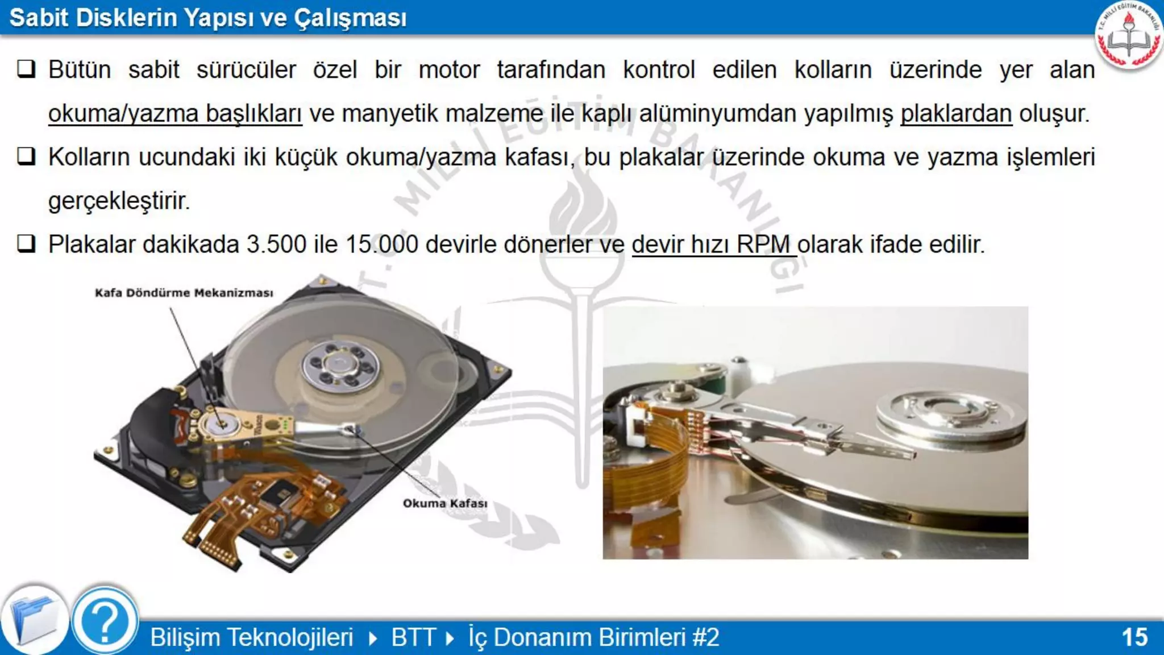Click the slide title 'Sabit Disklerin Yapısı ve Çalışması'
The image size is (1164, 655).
click(208, 18)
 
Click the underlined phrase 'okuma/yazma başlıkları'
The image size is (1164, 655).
click(174, 114)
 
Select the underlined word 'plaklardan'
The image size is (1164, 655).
click(956, 114)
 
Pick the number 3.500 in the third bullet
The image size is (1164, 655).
click(276, 244)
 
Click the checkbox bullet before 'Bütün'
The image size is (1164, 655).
click(26, 69)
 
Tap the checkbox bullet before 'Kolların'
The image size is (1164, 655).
click(26, 156)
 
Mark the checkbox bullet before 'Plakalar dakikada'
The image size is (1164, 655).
click(26, 244)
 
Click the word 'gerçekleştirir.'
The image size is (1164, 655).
click(119, 201)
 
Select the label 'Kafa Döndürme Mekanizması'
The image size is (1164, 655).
click(184, 293)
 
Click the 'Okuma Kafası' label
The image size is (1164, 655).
click(444, 503)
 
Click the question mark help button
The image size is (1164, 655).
click(105, 621)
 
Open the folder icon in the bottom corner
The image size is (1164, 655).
click(34, 621)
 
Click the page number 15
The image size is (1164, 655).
click(1134, 637)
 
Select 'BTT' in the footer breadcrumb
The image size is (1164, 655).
click(413, 637)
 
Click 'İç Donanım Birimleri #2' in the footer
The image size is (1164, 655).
click(593, 637)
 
